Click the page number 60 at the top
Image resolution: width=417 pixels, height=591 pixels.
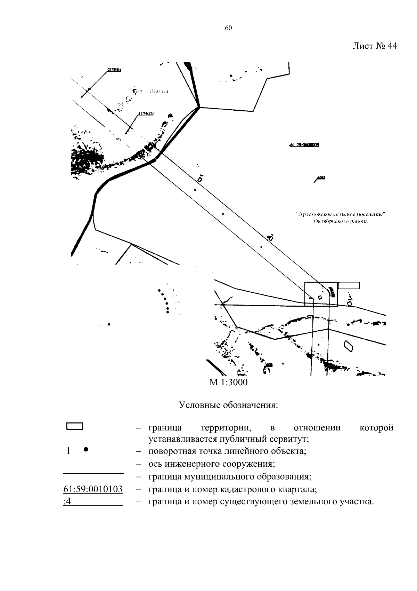coord(228,29)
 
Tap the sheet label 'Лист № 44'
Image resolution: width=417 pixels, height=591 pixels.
coord(374,46)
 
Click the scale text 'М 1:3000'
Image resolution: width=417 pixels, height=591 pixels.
coord(228,383)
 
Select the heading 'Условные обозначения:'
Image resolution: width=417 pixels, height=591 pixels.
coord(228,405)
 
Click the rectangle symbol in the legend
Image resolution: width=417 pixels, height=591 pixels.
coord(74,426)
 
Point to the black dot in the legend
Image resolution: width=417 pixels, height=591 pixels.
coord(86,449)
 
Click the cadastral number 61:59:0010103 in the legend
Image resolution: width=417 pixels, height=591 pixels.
coord(93,489)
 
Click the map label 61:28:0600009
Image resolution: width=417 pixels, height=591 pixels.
coord(304,145)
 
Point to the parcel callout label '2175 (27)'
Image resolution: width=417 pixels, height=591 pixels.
coord(146,113)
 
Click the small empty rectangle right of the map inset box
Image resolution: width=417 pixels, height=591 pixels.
coord(349,285)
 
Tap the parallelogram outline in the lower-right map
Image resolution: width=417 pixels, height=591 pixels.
coord(349,345)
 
